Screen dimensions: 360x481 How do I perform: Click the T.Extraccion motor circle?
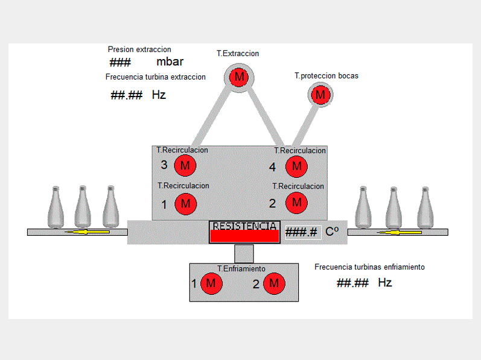click(x=240, y=77)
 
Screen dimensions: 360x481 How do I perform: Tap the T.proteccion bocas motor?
click(x=320, y=95)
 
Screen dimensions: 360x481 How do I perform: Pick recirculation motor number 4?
click(x=296, y=166)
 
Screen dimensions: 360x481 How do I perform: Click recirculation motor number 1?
click(x=185, y=204)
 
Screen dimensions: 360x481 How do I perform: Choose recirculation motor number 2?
click(x=296, y=203)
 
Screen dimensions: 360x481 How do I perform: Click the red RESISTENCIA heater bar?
click(x=244, y=236)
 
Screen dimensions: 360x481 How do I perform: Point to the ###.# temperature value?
click(x=302, y=232)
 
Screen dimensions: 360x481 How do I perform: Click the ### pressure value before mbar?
click(x=120, y=62)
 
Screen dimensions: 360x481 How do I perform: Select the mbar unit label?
click(x=170, y=62)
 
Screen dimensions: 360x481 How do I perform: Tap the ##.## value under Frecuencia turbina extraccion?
click(x=127, y=95)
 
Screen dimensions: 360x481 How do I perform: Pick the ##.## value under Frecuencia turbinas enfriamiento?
click(x=352, y=283)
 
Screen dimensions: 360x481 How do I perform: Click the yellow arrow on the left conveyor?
click(x=88, y=232)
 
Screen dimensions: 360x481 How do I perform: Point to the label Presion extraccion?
click(x=139, y=49)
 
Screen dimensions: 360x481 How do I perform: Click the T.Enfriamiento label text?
click(x=241, y=269)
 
